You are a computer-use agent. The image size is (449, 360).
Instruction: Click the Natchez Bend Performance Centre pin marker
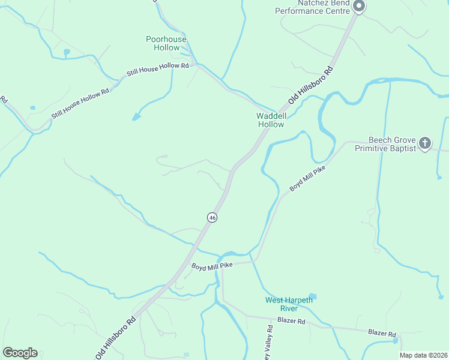click(x=359, y=7)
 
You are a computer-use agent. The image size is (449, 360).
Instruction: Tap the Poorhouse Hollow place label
click(x=166, y=43)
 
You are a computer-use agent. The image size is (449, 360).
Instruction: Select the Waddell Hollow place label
click(x=270, y=119)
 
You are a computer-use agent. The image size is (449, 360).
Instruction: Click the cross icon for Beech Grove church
click(x=425, y=143)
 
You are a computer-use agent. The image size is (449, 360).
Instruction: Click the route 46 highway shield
click(x=212, y=218)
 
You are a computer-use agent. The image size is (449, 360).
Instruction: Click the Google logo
click(x=20, y=352)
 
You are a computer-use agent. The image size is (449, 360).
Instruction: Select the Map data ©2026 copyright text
click(x=424, y=355)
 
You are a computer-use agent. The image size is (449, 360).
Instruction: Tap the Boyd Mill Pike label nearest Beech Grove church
click(x=307, y=179)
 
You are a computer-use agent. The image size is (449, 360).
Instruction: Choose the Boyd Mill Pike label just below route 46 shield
click(x=211, y=265)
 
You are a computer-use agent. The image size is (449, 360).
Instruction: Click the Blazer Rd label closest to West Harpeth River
click(x=291, y=322)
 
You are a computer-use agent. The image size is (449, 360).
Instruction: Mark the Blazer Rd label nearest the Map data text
click(x=382, y=333)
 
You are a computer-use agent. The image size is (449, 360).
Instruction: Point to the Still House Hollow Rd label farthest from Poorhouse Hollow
click(x=80, y=103)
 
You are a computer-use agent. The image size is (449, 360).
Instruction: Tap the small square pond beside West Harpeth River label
click(x=313, y=296)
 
